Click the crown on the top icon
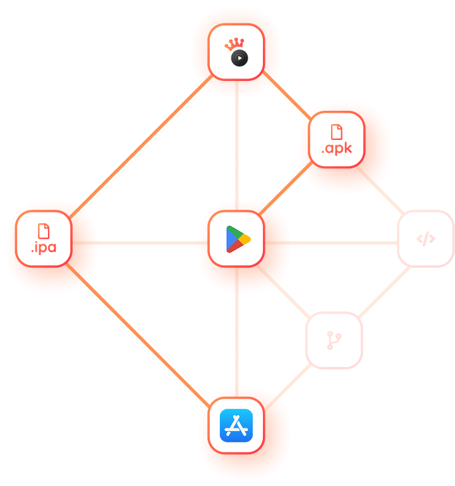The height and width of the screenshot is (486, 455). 235,44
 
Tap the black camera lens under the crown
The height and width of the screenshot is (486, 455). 240,59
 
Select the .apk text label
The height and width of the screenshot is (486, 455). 336,150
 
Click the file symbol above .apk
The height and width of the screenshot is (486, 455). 337,132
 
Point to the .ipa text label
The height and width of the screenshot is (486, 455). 44,247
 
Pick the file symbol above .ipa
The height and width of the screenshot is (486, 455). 44,230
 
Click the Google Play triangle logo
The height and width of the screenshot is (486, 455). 238,239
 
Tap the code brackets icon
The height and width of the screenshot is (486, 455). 426,239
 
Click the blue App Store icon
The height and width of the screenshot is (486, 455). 236,425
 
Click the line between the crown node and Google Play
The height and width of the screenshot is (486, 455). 236,146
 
